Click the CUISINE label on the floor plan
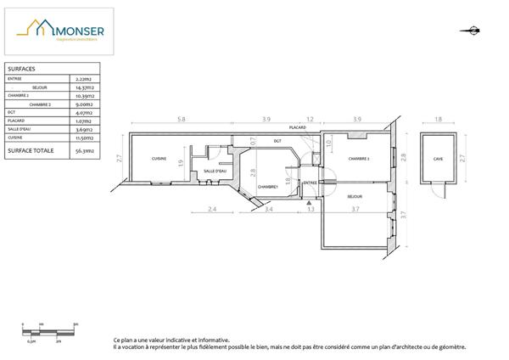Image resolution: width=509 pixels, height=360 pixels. [x=159, y=160]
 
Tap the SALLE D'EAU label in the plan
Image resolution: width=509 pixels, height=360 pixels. [x=215, y=172]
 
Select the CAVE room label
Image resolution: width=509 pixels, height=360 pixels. [x=438, y=160]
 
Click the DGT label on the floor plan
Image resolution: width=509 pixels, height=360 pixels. [x=277, y=140]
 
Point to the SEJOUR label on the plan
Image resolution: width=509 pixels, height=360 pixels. [x=355, y=195]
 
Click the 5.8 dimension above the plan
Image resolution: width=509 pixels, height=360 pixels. [x=182, y=119]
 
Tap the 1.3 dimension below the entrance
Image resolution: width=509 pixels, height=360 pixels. [x=310, y=209]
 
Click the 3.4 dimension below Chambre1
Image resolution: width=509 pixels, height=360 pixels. [x=269, y=209]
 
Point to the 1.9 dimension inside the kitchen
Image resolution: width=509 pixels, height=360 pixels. [x=181, y=163]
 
